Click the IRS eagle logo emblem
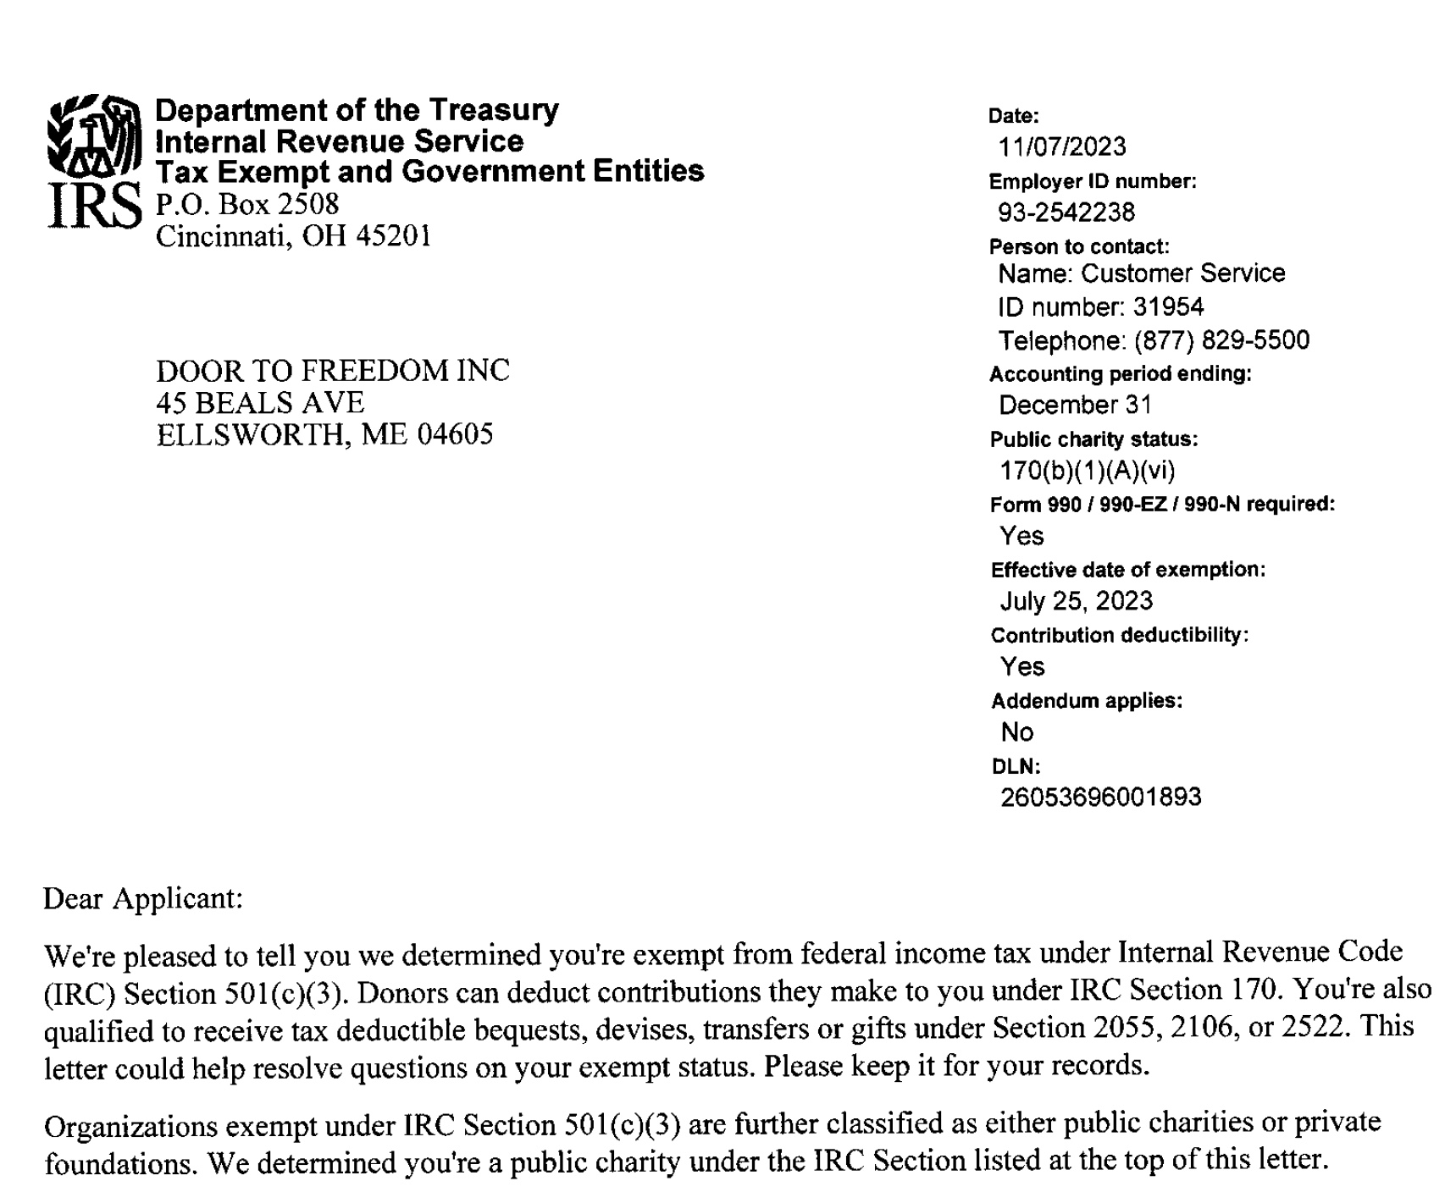point(93,135)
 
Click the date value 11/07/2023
point(1062,147)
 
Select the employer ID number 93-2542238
point(1066,212)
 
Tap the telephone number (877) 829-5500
point(1221,340)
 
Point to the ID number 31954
point(1168,306)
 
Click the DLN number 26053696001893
point(1100,797)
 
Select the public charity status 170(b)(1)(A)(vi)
point(1088,471)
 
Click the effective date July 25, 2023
point(1077,601)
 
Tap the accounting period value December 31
point(1076,406)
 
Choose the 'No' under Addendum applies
point(1017,732)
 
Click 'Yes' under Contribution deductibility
point(1022,667)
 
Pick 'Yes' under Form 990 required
point(1021,536)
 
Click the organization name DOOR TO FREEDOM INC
point(333,371)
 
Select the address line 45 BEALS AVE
point(260,403)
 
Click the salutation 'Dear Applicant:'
point(143,898)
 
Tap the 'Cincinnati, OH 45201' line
point(293,236)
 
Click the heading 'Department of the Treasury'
point(357,110)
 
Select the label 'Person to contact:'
point(1079,247)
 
